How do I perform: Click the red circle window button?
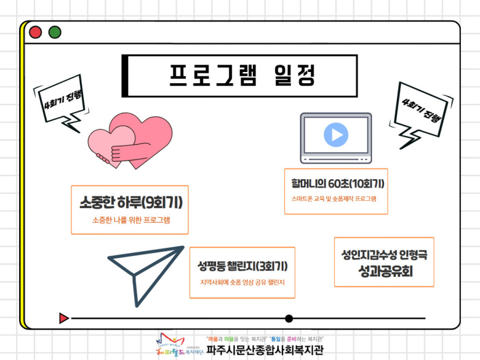click(35, 32)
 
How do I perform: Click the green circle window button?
click(55, 32)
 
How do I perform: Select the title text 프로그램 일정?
click(242, 75)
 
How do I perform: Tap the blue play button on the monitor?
click(336, 135)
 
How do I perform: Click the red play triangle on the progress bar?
click(63, 318)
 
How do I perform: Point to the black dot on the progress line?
click(289, 319)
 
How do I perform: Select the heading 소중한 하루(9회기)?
click(131, 202)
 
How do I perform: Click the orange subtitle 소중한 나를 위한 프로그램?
click(131, 220)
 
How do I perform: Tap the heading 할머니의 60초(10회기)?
click(338, 183)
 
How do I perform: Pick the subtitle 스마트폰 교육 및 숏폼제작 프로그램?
click(334, 199)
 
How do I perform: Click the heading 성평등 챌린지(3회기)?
click(243, 266)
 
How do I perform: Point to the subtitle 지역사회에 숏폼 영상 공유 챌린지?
click(243, 282)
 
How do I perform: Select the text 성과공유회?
click(386, 271)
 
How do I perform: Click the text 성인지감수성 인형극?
click(384, 254)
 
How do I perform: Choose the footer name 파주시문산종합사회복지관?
click(265, 349)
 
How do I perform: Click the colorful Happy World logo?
click(171, 344)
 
